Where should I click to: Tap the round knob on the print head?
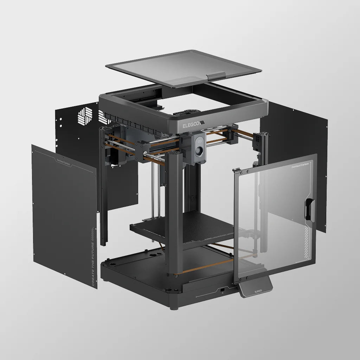(x=199, y=151)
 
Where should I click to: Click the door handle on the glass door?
(x=309, y=210)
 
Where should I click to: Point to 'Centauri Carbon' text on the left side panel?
(x=64, y=162)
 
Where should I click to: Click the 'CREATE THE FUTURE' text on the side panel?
(x=92, y=264)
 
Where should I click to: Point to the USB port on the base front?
(x=222, y=290)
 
